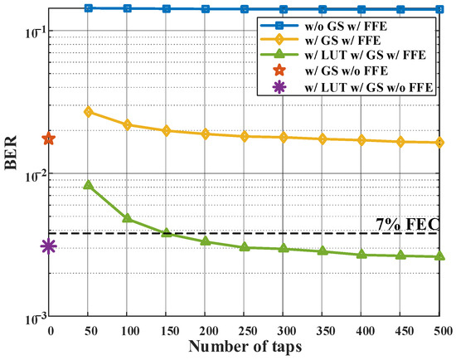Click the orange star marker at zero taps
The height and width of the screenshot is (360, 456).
tap(49, 139)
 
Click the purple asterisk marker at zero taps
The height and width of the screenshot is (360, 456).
tap(49, 246)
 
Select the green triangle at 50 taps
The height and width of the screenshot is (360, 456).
tap(88, 185)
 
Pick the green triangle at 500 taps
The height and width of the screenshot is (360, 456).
tap(440, 256)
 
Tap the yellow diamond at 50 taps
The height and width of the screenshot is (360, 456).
tap(88, 111)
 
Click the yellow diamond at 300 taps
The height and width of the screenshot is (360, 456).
tap(284, 137)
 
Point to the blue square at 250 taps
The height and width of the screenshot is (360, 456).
tap(245, 9)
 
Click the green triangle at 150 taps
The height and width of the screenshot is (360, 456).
tap(167, 233)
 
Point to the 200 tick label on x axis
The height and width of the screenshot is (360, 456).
tap(206, 330)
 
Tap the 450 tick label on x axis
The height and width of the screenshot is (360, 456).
tap(401, 330)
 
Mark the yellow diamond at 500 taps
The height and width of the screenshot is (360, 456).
tap(440, 143)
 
